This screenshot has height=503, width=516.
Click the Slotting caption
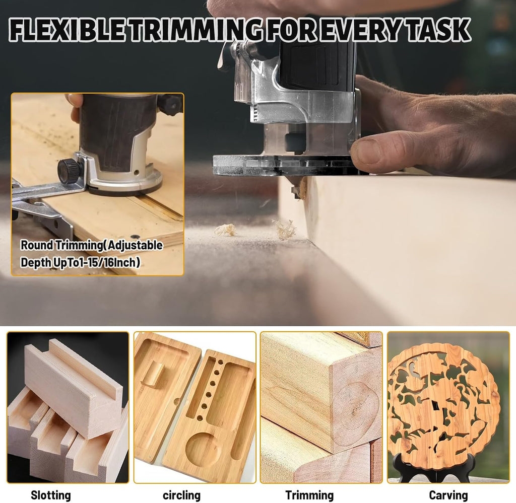click(51, 495)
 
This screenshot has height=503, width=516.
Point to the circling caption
click(181, 495)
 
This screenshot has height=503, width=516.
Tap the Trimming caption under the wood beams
click(309, 495)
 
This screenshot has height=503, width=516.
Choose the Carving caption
click(448, 494)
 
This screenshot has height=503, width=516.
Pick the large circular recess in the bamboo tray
click(202, 448)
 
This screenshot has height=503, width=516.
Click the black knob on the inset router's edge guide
click(68, 169)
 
